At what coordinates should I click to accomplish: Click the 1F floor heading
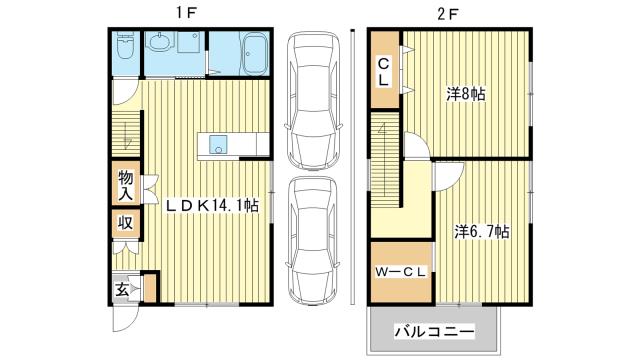pos(187,14)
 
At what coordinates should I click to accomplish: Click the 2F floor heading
pos(448,14)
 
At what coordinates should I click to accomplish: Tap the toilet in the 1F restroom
pos(124,46)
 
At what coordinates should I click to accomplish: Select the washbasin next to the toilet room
pos(160,42)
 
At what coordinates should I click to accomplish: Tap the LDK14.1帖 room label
pos(212,205)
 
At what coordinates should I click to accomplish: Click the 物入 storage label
pos(126,186)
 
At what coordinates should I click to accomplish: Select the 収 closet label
pos(125,223)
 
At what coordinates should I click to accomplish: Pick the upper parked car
pos(313,100)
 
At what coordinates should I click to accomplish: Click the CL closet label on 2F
pos(383,73)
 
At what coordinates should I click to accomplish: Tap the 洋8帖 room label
pos(465,94)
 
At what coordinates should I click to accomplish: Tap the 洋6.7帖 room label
pos(482,232)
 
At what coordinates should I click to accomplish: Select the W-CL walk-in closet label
pos(400,272)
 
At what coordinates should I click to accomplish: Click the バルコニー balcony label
pos(434,331)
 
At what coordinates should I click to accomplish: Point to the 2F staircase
pos(385,159)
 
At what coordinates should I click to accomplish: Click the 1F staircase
pos(126,133)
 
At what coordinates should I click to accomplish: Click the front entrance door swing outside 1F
pos(126,319)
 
